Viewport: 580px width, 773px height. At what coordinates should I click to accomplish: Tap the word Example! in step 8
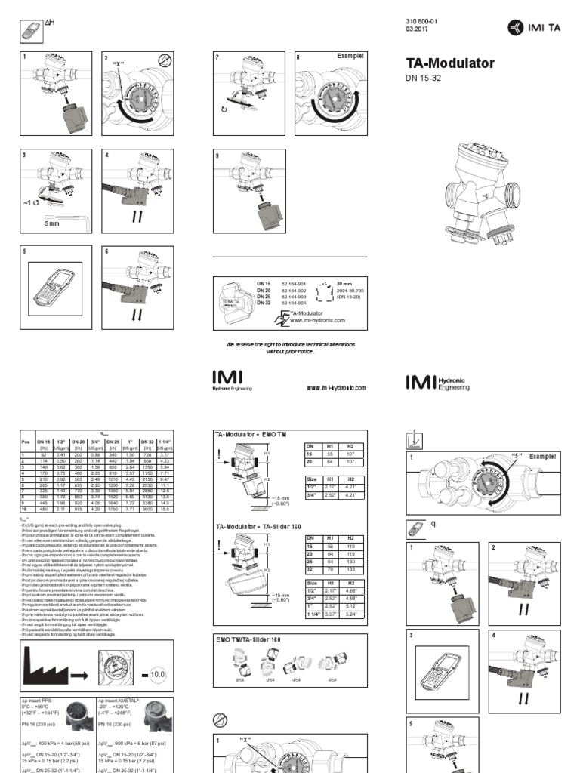click(x=350, y=57)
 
